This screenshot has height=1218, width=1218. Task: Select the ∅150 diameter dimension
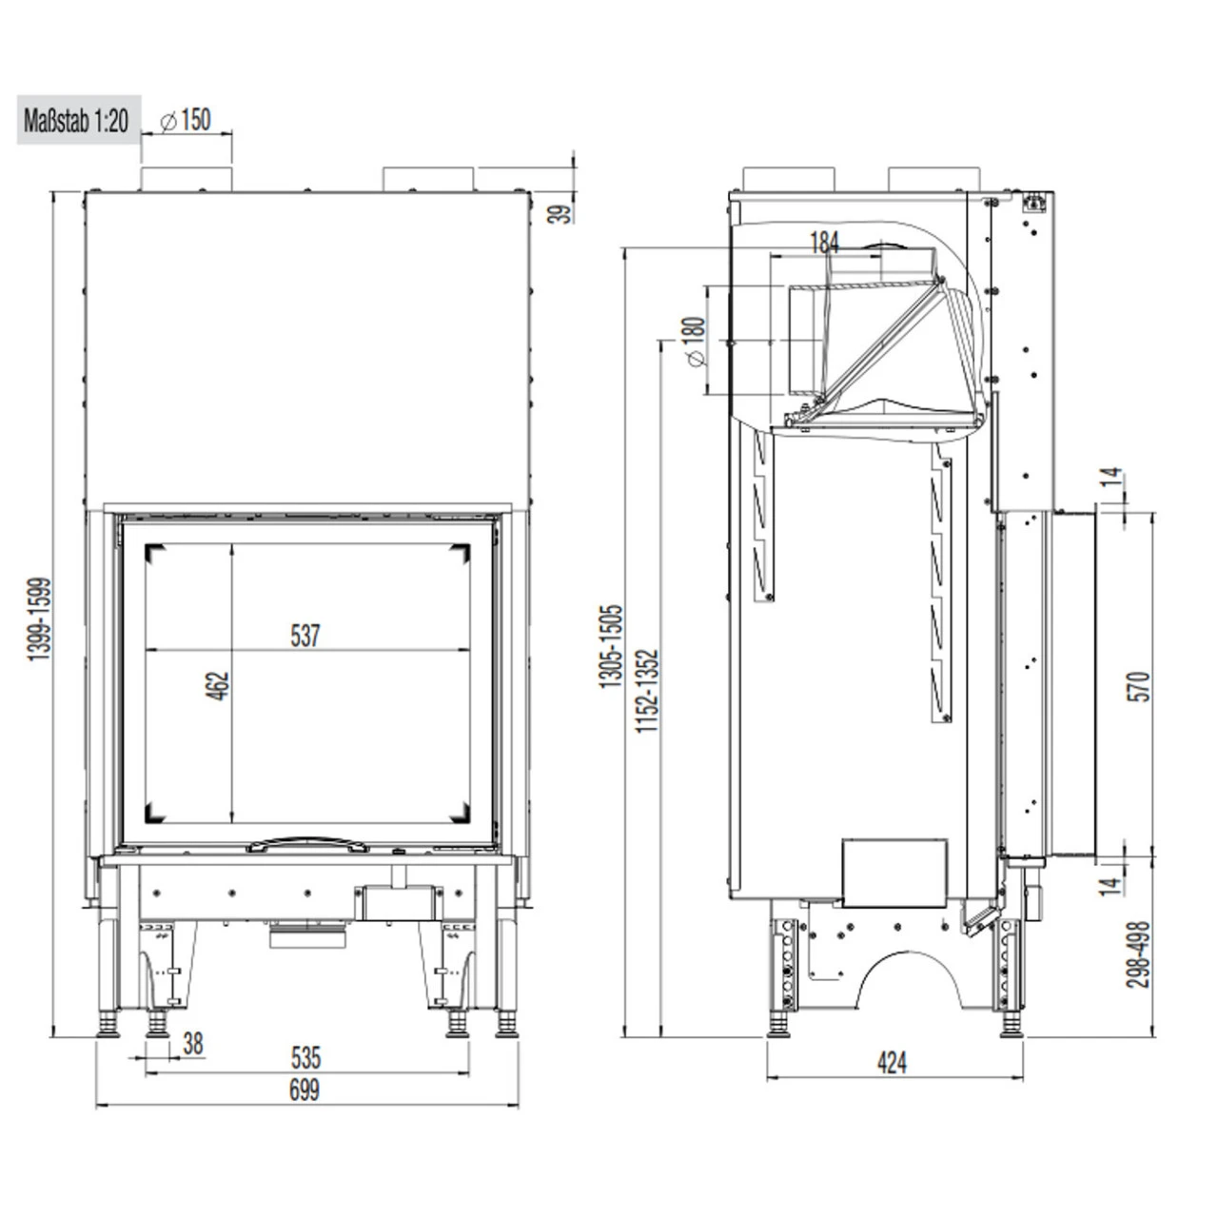[x=186, y=121]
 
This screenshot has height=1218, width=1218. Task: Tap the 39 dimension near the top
[x=564, y=211]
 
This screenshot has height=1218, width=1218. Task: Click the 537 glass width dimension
[x=305, y=636]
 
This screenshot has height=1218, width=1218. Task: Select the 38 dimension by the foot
[x=192, y=1045]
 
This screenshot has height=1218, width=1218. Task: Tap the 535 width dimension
[x=305, y=1057]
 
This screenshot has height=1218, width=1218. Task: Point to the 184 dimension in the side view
[x=824, y=243]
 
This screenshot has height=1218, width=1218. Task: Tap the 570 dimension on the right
[x=1143, y=686]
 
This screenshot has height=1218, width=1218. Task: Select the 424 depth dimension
[x=892, y=1063]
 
